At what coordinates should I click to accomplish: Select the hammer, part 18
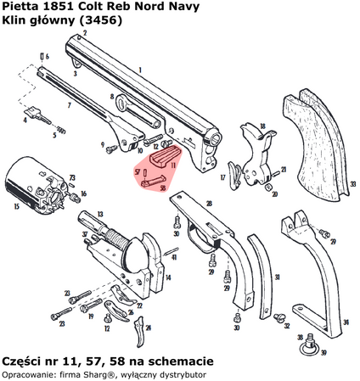252,146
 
